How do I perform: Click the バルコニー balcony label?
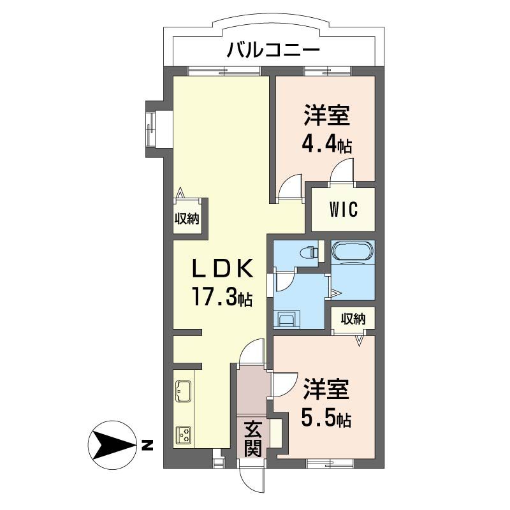coord(273,49)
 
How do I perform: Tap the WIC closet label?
coord(343,209)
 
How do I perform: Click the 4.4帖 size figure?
coord(327,144)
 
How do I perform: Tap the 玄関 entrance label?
coord(253,438)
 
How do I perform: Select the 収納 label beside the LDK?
coord(187,219)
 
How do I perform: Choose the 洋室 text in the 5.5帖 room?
coord(326,390)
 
